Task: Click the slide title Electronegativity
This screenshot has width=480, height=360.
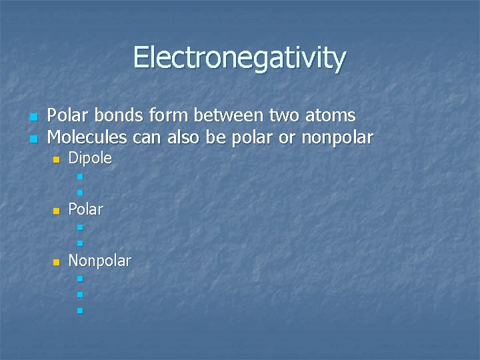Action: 239,57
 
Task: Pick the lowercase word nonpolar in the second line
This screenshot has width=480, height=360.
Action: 337,138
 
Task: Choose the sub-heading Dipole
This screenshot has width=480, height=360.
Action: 90,159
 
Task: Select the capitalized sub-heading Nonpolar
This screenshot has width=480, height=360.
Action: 99,260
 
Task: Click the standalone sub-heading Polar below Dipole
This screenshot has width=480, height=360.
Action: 86,209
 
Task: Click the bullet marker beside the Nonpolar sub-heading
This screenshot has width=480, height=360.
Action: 57,261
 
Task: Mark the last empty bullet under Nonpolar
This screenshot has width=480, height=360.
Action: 79,311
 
